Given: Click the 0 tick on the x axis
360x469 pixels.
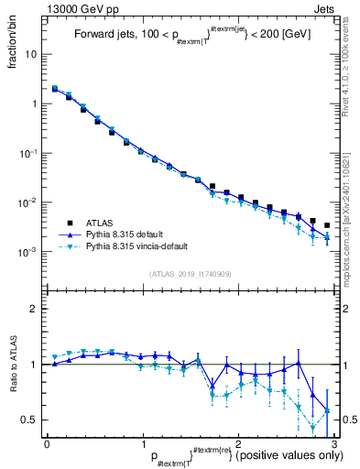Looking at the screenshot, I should click(x=47, y=442).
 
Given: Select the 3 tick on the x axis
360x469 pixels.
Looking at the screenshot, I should click(x=333, y=442).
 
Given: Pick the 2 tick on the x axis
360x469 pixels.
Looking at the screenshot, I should click(x=238, y=442).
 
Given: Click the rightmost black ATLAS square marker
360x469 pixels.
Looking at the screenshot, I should click(x=327, y=224).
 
